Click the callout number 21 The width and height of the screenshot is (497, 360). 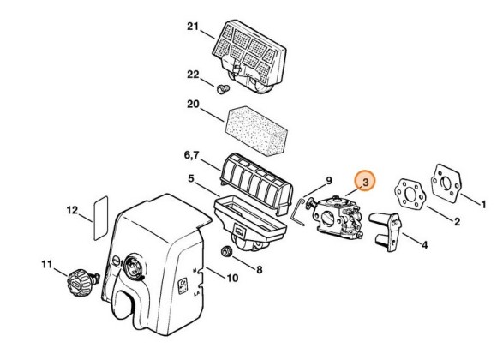193,27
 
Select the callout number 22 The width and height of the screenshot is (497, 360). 193,75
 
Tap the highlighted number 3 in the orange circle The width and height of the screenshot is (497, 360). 365,182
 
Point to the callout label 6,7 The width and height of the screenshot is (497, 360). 191,155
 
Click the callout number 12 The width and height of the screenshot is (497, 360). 72,210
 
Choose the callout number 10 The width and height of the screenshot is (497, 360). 232,278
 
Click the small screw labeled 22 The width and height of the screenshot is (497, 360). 223,89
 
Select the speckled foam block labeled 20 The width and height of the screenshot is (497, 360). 256,130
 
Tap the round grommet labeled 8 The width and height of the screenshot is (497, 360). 226,251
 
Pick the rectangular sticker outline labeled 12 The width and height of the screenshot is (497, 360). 101,219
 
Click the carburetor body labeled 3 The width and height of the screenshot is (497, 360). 338,218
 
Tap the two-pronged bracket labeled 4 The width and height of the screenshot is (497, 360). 386,231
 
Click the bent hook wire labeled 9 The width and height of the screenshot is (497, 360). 298,212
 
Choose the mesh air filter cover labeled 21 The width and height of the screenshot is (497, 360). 249,57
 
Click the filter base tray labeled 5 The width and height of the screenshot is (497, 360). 250,222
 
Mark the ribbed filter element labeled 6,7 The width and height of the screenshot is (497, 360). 256,184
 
